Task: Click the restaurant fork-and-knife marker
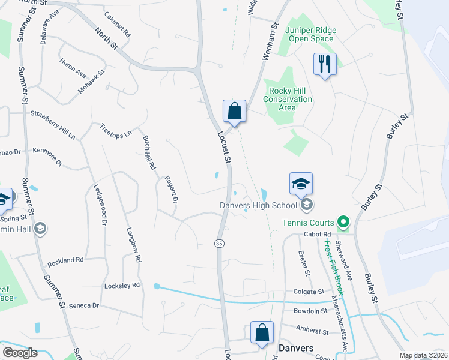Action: coord(325,64)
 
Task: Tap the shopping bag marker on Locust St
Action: coord(234,111)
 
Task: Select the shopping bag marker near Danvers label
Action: coord(262,332)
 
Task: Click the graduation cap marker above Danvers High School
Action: coord(301,184)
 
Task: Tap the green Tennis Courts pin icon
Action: coord(343,223)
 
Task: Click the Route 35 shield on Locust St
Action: coord(220,242)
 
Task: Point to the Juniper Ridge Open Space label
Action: coord(309,34)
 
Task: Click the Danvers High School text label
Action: coord(258,206)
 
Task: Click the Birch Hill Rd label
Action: coord(149,151)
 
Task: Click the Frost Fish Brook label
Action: coord(334,267)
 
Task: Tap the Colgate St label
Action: coord(309,292)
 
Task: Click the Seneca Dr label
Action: coord(83,305)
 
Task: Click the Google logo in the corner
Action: coord(19,353)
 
